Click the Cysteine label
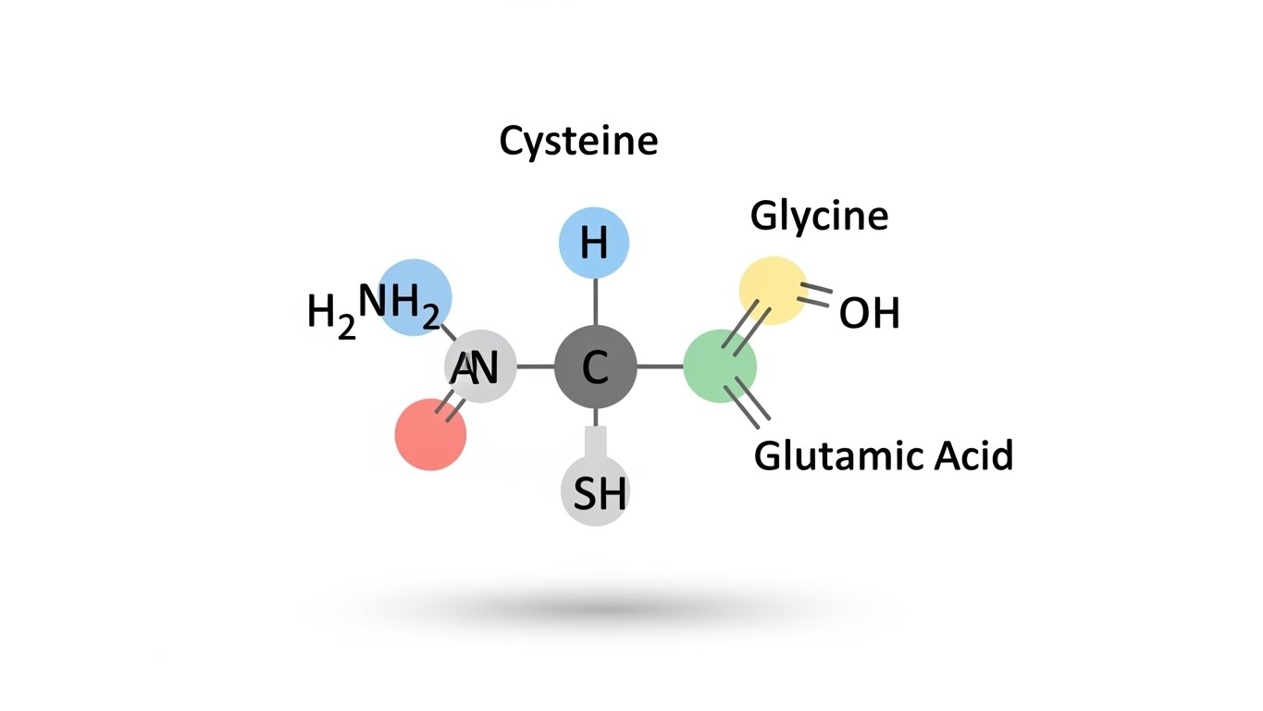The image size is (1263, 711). (x=578, y=142)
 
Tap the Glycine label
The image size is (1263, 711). (x=819, y=216)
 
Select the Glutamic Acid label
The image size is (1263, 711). (x=883, y=455)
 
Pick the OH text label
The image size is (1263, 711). (x=869, y=315)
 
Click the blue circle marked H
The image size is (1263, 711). (x=594, y=243)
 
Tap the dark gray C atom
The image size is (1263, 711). (x=595, y=368)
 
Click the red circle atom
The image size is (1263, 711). (x=430, y=435)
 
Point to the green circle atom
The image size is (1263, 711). (x=720, y=368)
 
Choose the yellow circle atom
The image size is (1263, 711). (x=774, y=291)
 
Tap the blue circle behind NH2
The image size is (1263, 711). (x=415, y=296)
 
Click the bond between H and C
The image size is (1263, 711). (x=595, y=302)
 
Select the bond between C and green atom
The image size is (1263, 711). (x=660, y=368)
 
